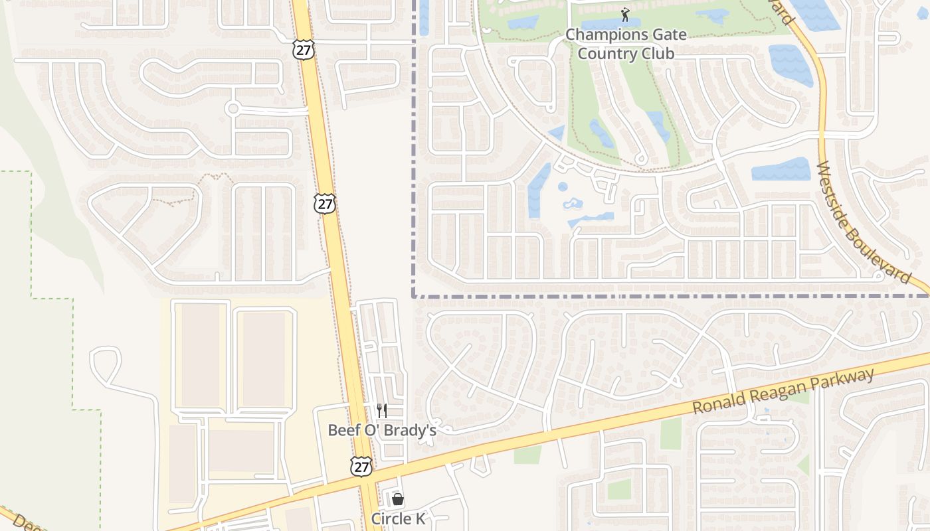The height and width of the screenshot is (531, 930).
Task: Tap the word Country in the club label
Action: point(602,53)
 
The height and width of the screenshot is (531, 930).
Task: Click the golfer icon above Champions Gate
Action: point(624,15)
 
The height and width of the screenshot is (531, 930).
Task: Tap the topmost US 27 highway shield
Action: point(303,50)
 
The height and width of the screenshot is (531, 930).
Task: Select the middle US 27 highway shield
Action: point(325,203)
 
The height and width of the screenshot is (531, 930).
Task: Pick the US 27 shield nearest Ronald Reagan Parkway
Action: point(361,466)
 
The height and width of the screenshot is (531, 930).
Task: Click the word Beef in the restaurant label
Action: point(343,430)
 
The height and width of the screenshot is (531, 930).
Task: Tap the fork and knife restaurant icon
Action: point(382,411)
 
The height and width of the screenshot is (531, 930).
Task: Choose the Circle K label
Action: point(398,519)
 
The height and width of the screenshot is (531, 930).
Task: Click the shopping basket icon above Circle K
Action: point(398,499)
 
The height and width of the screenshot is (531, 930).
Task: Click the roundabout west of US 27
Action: point(232,108)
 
